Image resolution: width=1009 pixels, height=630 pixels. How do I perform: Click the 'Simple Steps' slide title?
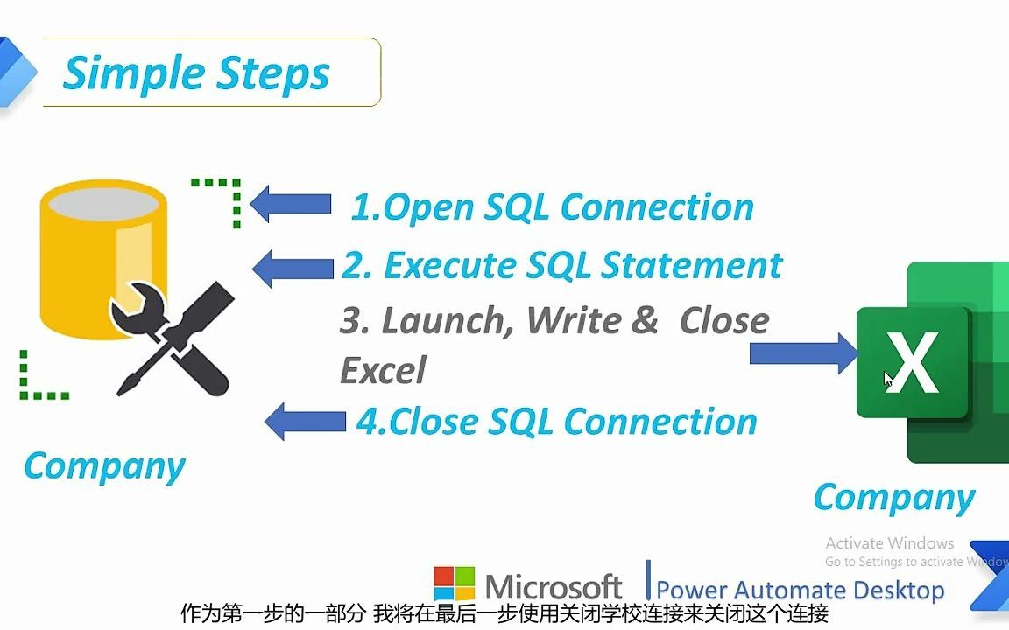tap(196, 73)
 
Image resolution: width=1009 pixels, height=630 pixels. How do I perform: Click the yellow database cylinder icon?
tap(103, 254)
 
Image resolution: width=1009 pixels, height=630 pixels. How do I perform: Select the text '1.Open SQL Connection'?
tap(552, 207)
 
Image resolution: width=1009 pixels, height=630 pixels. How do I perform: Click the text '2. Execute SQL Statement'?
tap(561, 265)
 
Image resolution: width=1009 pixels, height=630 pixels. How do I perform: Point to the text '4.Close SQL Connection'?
tap(556, 422)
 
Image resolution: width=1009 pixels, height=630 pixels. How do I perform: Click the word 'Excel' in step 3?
tap(383, 370)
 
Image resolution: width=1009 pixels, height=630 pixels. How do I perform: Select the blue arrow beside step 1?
tap(291, 205)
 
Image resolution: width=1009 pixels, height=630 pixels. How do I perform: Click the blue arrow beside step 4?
tap(305, 421)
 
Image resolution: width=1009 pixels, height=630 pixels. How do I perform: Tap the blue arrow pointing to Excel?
tap(802, 353)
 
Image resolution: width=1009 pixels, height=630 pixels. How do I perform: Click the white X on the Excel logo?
tap(911, 363)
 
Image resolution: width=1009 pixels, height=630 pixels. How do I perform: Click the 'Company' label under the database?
tap(104, 465)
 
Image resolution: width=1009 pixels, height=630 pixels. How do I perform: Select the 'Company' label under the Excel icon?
tap(893, 497)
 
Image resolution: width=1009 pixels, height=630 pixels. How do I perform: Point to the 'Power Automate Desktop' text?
tap(800, 590)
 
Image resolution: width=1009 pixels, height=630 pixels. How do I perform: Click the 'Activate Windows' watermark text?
tap(889, 543)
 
